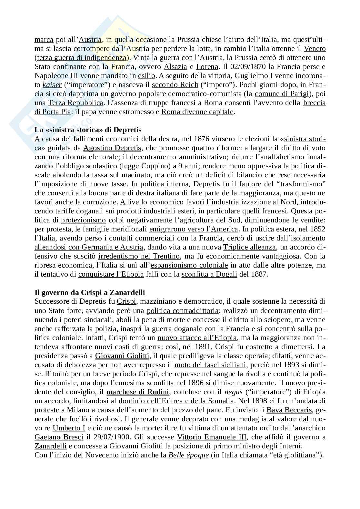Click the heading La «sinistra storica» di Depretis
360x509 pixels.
pyautogui.click(x=88, y=130)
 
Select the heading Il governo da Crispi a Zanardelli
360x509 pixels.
pyautogui.click(x=90, y=293)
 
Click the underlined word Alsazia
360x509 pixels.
pyautogui.click(x=175, y=67)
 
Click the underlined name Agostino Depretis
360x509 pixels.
pyautogui.click(x=112, y=148)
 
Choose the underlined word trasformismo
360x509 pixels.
pyautogui.click(x=301, y=184)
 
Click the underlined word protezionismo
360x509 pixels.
pyautogui.click(x=84, y=220)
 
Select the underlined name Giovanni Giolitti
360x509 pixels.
pyautogui.click(x=123, y=356)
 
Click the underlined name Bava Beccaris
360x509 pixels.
pyautogui.click(x=289, y=410)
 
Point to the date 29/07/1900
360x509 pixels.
pyautogui.click(x=108, y=437)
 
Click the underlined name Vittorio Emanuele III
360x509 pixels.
pyautogui.click(x=212, y=437)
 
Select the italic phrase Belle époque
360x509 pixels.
pyautogui.click(x=189, y=455)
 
